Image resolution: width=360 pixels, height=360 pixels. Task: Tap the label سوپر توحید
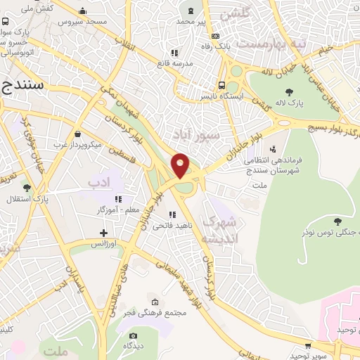[309, 356]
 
